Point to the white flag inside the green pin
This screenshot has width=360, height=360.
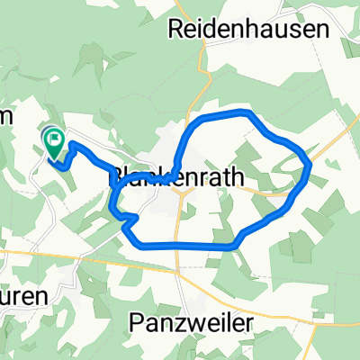click(54, 139)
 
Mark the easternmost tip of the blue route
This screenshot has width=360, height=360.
click(310, 164)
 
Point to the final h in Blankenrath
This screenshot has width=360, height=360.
click(238, 178)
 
